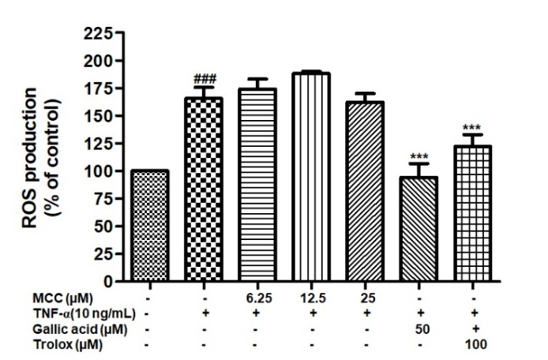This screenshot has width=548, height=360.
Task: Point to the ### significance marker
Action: pyautogui.click(x=205, y=79)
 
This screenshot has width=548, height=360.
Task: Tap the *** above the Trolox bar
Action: pyautogui.click(x=473, y=127)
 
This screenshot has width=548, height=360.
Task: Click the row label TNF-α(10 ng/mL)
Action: pyautogui.click(x=65, y=313)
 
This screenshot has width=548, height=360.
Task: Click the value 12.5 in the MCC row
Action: pyautogui.click(x=312, y=298)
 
